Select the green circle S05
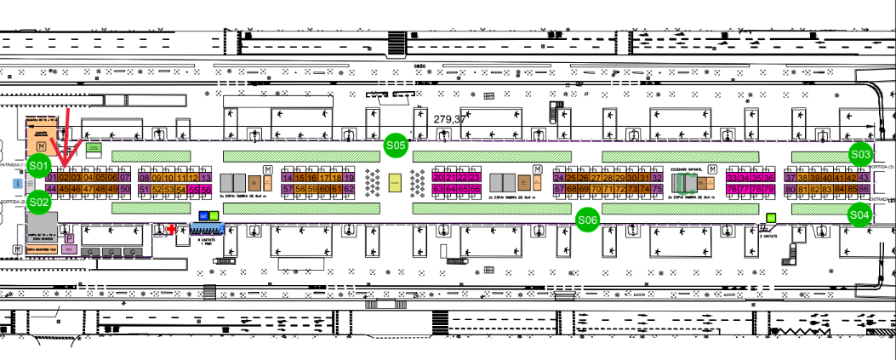tap(395, 146)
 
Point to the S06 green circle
tap(587, 220)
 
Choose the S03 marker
tap(860, 154)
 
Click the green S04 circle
tap(859, 214)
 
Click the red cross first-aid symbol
tap(172, 230)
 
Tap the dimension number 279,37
tap(449, 119)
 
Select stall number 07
tap(125, 177)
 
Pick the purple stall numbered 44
tap(51, 189)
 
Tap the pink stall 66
tap(475, 189)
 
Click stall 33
tap(733, 177)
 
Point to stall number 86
tap(864, 189)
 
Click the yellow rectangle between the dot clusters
tap(394, 181)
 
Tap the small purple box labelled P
tap(69, 240)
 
